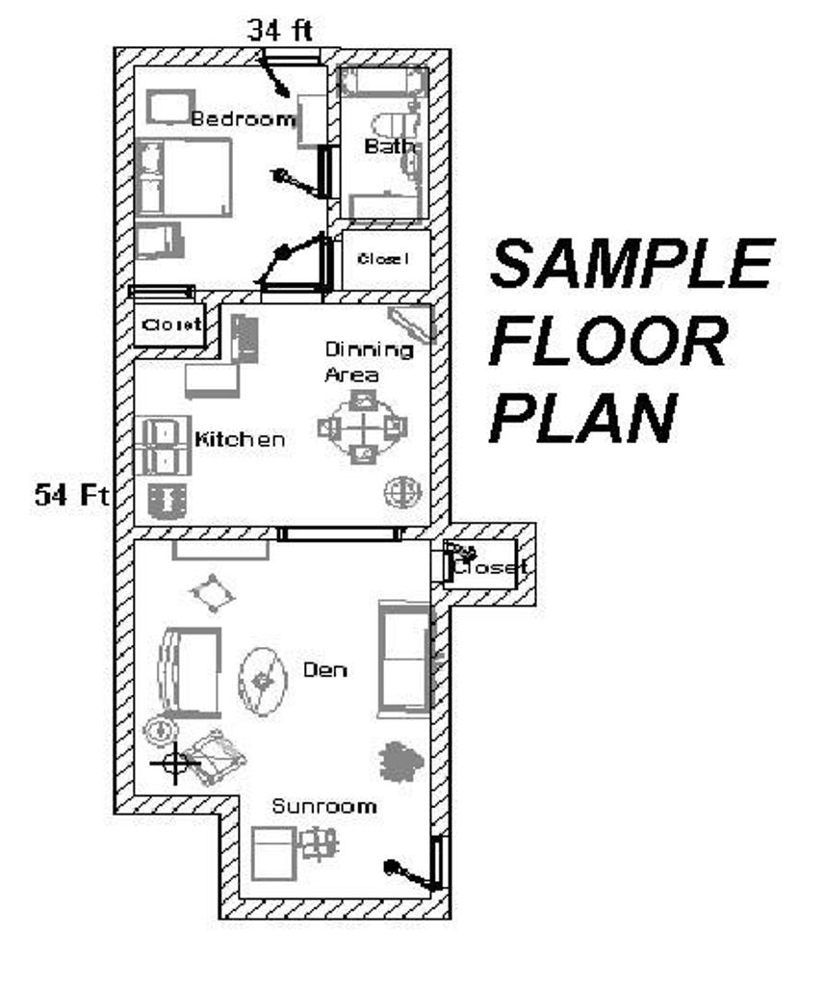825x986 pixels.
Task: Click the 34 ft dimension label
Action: pos(280,30)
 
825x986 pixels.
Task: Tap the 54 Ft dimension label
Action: pos(71,495)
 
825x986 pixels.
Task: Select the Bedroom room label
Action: pos(243,118)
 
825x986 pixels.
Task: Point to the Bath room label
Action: pos(390,146)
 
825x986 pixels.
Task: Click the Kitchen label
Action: pos(240,438)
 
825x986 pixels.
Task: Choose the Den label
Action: pos(324,670)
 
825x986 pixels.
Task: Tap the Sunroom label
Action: pos(323,806)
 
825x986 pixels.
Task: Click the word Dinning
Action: pos(369,350)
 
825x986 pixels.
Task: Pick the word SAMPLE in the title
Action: pos(632,263)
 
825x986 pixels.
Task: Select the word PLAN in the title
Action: pos(583,417)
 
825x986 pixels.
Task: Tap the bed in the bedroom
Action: pos(183,177)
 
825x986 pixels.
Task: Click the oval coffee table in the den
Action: pos(262,681)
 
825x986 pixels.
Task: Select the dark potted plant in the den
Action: pos(400,761)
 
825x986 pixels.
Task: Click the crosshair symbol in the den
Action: pos(174,764)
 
